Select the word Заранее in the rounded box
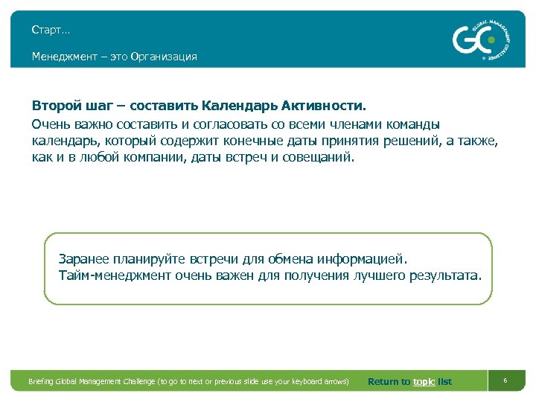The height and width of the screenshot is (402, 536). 83,260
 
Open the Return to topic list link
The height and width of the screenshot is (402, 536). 409,382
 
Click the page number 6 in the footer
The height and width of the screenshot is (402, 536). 505,381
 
